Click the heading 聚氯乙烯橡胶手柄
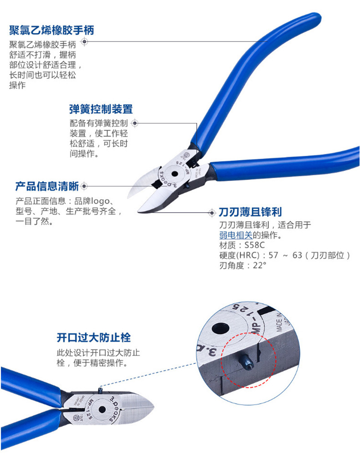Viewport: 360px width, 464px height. tap(51, 30)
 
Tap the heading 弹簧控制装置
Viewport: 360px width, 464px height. tap(101, 109)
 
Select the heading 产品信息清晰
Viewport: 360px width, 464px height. tap(47, 186)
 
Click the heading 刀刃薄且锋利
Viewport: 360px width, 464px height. tap(250, 212)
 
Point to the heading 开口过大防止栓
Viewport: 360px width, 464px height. tap(93, 338)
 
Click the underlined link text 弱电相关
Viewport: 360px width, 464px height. tap(236, 235)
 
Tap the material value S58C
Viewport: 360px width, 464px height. tap(255, 245)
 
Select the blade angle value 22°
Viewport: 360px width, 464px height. tap(260, 265)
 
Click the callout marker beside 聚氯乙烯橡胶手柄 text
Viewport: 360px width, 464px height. tap(84, 41)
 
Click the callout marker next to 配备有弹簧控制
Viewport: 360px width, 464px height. tap(135, 123)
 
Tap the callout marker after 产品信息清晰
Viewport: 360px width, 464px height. tap(84, 186)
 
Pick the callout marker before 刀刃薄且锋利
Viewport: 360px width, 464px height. tap(212, 213)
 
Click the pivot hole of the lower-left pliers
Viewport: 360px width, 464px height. tap(102, 409)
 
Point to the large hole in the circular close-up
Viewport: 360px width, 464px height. tap(221, 328)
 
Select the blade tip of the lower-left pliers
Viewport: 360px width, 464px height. tap(153, 407)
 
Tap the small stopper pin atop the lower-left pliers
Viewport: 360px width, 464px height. tap(100, 390)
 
